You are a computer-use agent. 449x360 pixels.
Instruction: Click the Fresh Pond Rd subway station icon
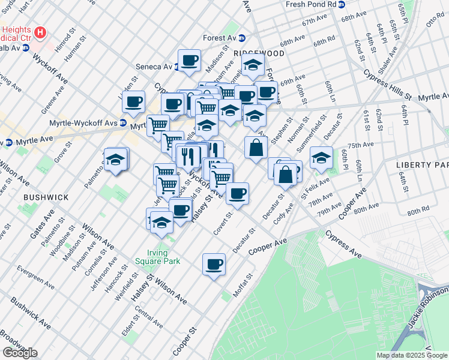coord(342,4)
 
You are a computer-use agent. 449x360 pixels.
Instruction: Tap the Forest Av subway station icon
coord(242,38)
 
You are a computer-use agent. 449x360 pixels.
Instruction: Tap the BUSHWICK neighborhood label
coord(43,196)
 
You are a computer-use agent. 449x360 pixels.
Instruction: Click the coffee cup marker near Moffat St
coord(214,265)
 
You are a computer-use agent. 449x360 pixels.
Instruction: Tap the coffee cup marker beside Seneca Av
coord(190,61)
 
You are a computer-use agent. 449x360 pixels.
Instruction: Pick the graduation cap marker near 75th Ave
coord(321,158)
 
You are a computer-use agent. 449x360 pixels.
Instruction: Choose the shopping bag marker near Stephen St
coord(256,148)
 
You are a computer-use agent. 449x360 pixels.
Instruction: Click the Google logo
coord(19,353)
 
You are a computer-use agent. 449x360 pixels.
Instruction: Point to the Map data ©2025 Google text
coord(411,355)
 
